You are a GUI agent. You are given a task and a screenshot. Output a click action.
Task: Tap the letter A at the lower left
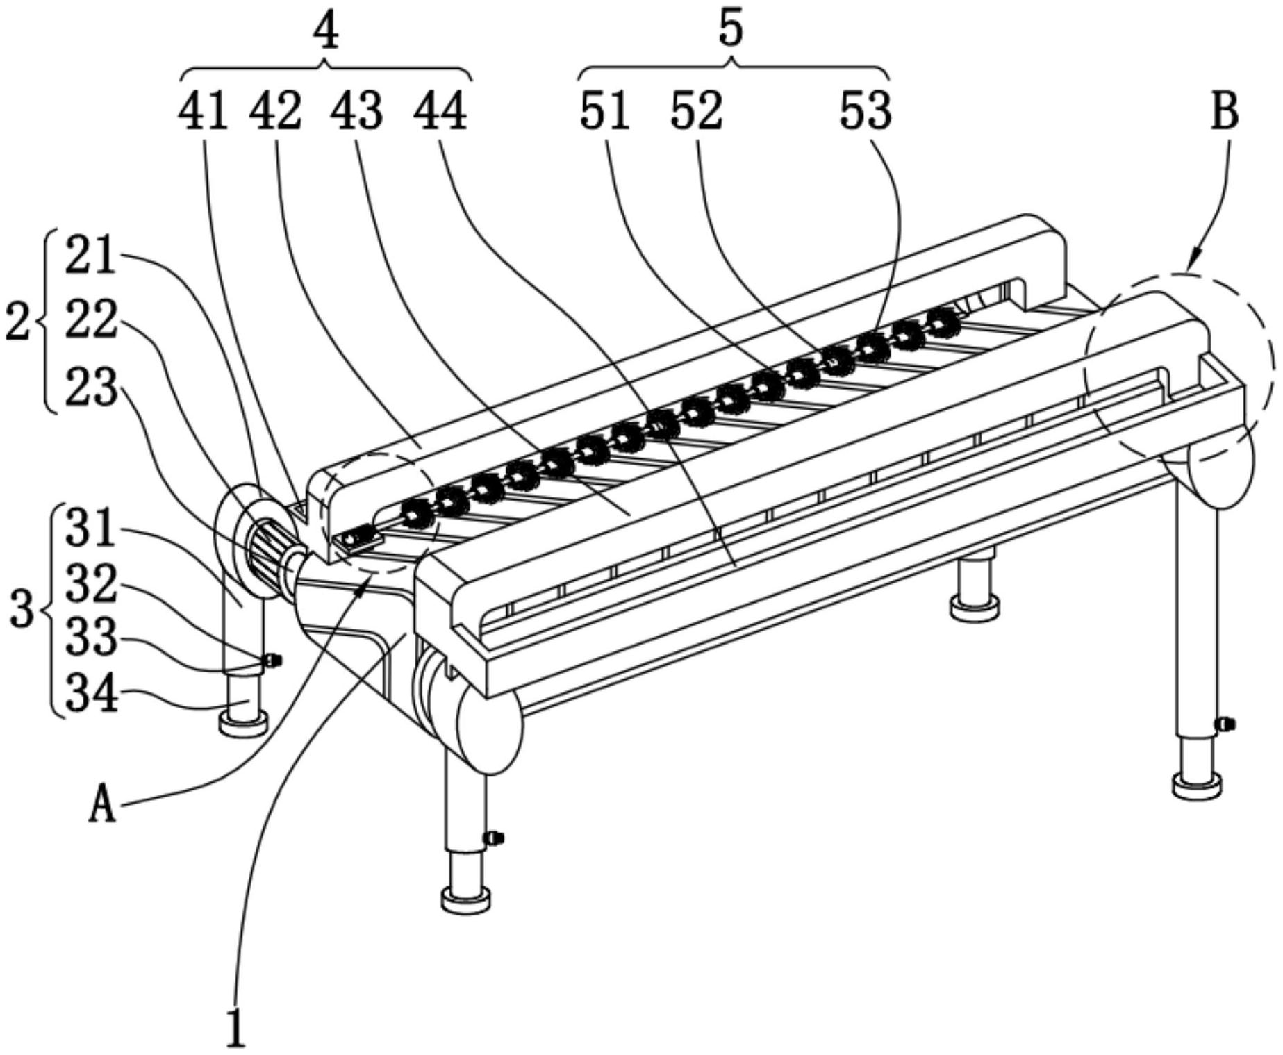[x=102, y=806]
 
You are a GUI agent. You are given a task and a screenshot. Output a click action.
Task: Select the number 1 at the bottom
[x=237, y=1027]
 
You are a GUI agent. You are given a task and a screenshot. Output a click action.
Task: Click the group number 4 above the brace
[x=326, y=31]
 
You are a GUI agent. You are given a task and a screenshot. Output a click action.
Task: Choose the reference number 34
[x=90, y=694]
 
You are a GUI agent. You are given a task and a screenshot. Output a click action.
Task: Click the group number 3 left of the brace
[x=22, y=610]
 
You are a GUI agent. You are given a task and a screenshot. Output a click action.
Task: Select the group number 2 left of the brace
[x=18, y=322]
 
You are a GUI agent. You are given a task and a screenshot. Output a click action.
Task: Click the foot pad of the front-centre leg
[x=466, y=901]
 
